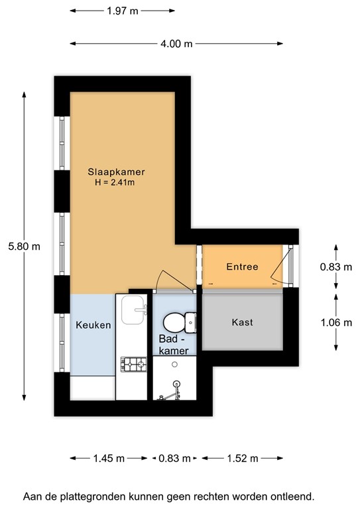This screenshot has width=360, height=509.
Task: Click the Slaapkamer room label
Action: pyautogui.click(x=116, y=172)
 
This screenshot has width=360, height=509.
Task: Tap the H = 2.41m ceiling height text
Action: pyautogui.click(x=116, y=182)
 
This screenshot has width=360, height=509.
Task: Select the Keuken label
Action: pyautogui.click(x=93, y=325)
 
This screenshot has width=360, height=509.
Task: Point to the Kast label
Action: pyautogui.click(x=242, y=322)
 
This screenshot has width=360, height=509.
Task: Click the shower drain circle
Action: pyautogui.click(x=176, y=383)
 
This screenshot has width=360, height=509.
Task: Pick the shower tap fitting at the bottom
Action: pyautogui.click(x=166, y=396)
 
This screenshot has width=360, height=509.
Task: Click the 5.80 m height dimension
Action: pyautogui.click(x=24, y=246)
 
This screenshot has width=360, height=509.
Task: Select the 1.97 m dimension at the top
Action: pyautogui.click(x=123, y=11)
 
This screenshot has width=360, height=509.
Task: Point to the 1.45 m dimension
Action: pyautogui.click(x=109, y=458)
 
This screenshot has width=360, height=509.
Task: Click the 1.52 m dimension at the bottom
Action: pyautogui.click(x=242, y=458)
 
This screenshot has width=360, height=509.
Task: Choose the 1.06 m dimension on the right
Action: pyautogui.click(x=334, y=323)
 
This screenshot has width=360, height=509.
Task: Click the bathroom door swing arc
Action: pyautogui.click(x=163, y=281)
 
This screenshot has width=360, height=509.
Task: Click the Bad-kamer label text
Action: pyautogui.click(x=174, y=345)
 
